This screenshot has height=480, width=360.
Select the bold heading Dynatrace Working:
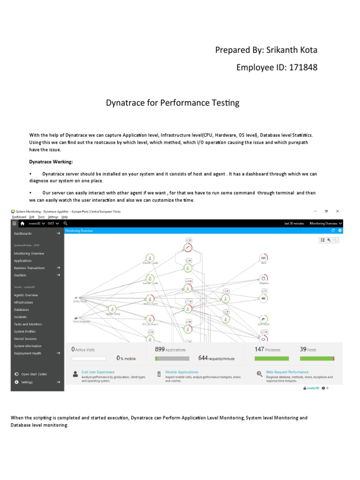click(51, 161)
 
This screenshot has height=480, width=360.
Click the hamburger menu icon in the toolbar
click(15, 224)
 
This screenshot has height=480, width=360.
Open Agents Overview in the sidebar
click(26, 295)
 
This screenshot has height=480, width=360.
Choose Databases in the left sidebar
click(22, 309)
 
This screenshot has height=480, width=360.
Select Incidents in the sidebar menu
click(20, 317)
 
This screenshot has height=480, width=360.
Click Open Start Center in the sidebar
click(34, 374)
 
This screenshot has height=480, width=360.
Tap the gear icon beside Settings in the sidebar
click(16, 382)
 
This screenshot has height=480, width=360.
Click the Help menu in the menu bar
click(65, 217)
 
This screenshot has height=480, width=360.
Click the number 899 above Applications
click(159, 349)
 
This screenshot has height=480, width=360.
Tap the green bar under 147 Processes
click(271, 359)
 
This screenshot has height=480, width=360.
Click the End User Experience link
click(97, 372)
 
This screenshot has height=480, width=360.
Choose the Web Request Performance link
click(287, 372)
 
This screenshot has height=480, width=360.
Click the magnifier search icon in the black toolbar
click(66, 224)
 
